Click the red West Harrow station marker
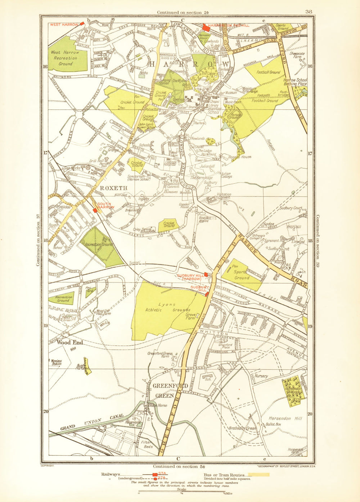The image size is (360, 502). [82, 23]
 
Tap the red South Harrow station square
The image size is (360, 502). [95, 211]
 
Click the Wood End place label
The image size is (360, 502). [70, 343]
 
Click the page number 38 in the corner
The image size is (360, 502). [309, 12]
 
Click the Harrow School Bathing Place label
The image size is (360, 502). [295, 82]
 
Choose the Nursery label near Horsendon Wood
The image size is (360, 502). [261, 376]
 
